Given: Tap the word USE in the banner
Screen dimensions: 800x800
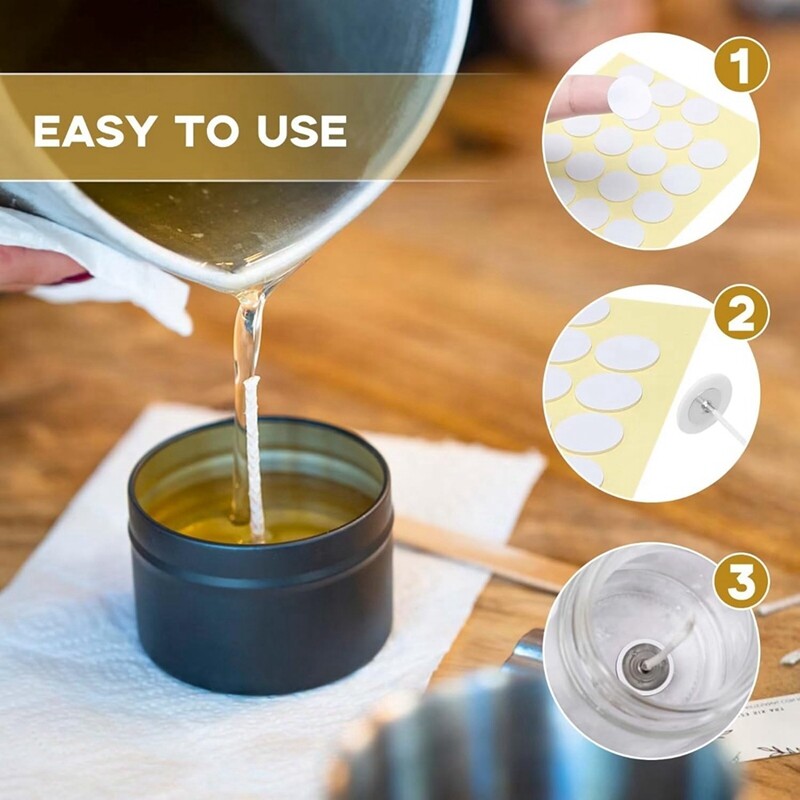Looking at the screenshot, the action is point(302,131).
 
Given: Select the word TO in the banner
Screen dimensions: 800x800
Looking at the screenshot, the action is point(207,131).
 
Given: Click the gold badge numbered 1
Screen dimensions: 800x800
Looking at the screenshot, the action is point(741,65).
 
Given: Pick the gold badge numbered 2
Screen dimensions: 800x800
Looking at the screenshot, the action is point(741,312).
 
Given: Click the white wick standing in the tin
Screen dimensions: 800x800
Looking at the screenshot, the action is point(254,459).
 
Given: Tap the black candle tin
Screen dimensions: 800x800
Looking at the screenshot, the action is point(261,556).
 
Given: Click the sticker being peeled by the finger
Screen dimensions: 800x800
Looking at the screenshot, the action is point(630,97).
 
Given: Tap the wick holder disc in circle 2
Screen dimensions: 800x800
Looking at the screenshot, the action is point(704,404).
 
